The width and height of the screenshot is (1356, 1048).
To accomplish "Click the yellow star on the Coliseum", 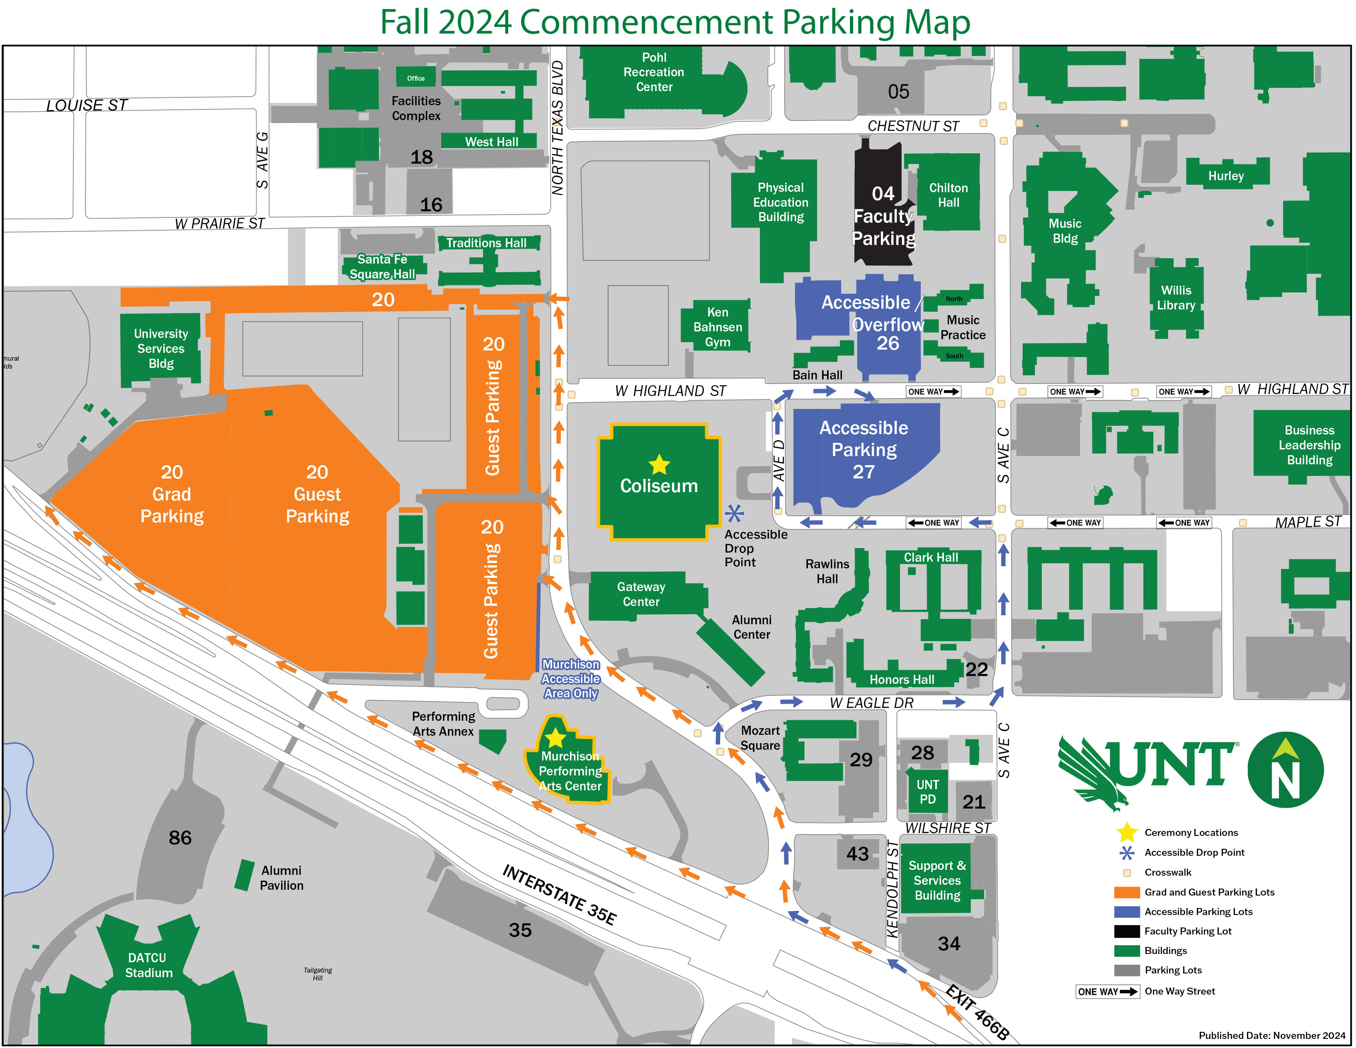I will (659, 464).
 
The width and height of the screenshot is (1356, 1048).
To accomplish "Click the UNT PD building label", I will (928, 792).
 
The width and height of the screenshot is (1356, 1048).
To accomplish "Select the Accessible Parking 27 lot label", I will (864, 450).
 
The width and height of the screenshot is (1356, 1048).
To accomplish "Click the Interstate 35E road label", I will (559, 894).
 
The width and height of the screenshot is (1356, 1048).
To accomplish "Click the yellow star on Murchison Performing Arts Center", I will (555, 739).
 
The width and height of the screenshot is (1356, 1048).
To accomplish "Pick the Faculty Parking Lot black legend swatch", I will (1127, 931).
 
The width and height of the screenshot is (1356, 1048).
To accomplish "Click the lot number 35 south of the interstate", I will (520, 930).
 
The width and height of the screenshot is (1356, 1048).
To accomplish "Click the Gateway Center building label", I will (641, 594).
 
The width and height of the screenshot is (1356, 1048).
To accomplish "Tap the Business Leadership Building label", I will (1310, 445).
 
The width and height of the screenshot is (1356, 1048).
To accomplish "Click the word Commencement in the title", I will (646, 22).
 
